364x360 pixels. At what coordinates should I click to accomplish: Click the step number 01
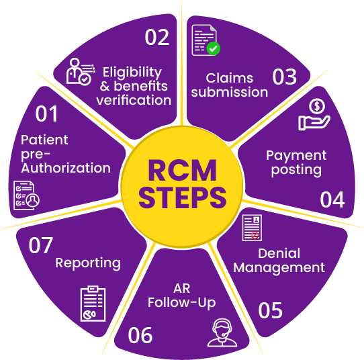[47, 115]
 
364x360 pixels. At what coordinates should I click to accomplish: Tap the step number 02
[157, 36]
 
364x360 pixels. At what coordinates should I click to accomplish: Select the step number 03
[284, 77]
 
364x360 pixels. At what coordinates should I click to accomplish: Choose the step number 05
[270, 311]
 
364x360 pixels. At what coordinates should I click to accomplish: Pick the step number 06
[140, 334]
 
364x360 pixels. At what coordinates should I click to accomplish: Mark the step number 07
[41, 246]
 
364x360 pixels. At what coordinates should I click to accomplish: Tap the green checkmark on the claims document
[213, 48]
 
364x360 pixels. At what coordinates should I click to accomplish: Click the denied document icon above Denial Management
[253, 228]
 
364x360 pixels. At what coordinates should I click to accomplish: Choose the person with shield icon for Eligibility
[79, 71]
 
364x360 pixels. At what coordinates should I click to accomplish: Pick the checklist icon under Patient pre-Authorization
[27, 195]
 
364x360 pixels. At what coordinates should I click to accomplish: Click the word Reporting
[88, 263]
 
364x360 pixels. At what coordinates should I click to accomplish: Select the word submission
[229, 92]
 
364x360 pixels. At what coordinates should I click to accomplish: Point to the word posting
[296, 169]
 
